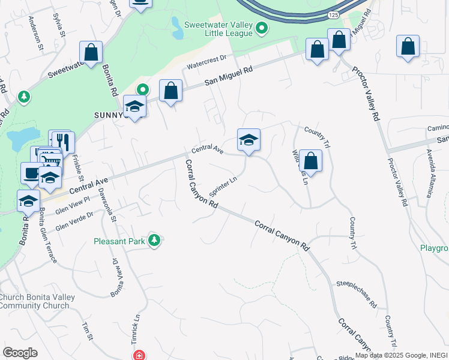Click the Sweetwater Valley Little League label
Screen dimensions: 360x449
tap(219, 29)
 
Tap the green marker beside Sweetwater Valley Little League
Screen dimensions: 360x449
tap(262, 28)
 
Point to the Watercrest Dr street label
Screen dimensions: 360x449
tap(205, 59)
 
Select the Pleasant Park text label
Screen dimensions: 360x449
tap(119, 242)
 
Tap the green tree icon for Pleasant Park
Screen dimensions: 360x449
tap(154, 241)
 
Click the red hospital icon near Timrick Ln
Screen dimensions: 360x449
tap(139, 355)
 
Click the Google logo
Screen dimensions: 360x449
tap(20, 353)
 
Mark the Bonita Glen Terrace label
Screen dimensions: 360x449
tap(48, 236)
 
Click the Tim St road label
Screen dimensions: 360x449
tap(88, 331)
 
